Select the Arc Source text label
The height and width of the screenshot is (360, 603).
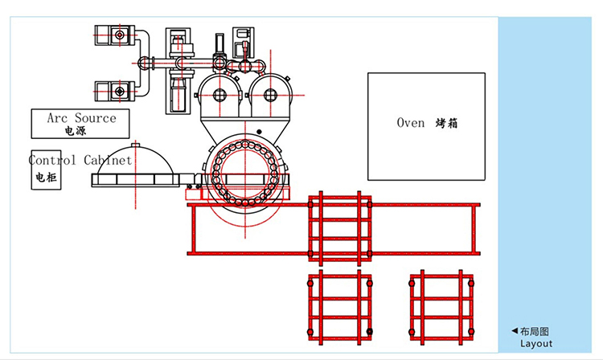click(x=81, y=118)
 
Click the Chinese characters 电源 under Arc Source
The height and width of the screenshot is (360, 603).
click(x=75, y=131)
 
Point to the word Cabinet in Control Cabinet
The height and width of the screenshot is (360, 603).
click(x=108, y=160)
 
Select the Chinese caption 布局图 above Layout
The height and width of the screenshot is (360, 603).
click(x=535, y=331)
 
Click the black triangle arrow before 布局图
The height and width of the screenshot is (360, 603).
click(x=515, y=331)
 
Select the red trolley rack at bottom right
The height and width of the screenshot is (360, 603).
click(x=439, y=308)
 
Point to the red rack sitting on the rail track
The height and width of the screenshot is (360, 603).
click(x=339, y=227)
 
